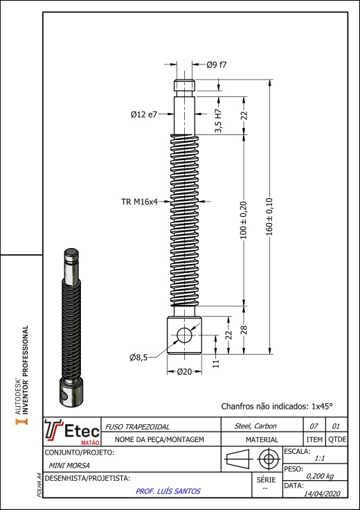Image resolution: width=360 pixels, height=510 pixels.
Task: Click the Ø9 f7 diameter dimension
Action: click(217, 64)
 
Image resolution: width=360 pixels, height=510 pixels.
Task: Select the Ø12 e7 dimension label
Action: click(144, 114)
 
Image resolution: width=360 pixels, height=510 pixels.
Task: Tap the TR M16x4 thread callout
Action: click(139, 202)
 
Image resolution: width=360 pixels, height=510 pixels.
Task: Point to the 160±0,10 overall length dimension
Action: click(270, 217)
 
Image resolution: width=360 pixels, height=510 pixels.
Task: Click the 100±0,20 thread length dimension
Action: click(244, 220)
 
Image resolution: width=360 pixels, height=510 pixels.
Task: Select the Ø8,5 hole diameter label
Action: click(138, 358)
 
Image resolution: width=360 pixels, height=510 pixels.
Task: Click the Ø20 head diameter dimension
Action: click(184, 372)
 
